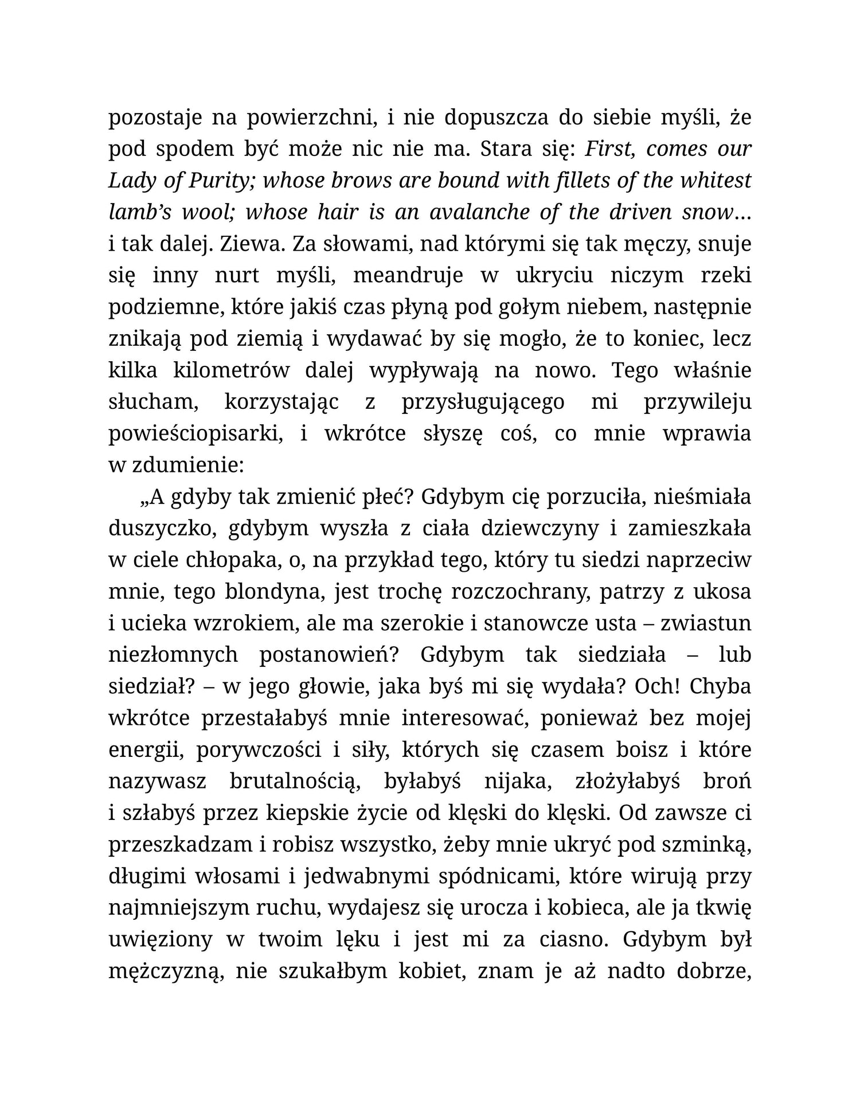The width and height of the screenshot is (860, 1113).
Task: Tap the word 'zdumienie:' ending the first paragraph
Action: pyautogui.click(x=187, y=464)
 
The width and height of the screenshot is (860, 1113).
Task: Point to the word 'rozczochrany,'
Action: pyautogui.click(x=521, y=591)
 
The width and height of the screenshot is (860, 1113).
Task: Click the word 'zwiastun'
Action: pyautogui.click(x=705, y=623)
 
